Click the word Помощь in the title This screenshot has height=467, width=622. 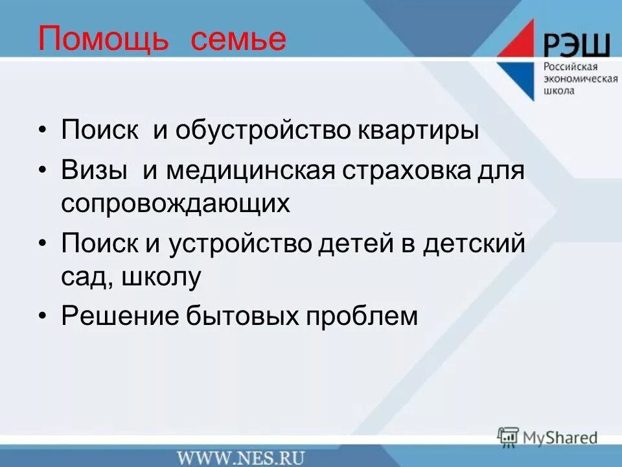(x=104, y=40)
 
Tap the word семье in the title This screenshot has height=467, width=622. (x=238, y=40)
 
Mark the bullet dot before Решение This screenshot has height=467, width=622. (x=43, y=317)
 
